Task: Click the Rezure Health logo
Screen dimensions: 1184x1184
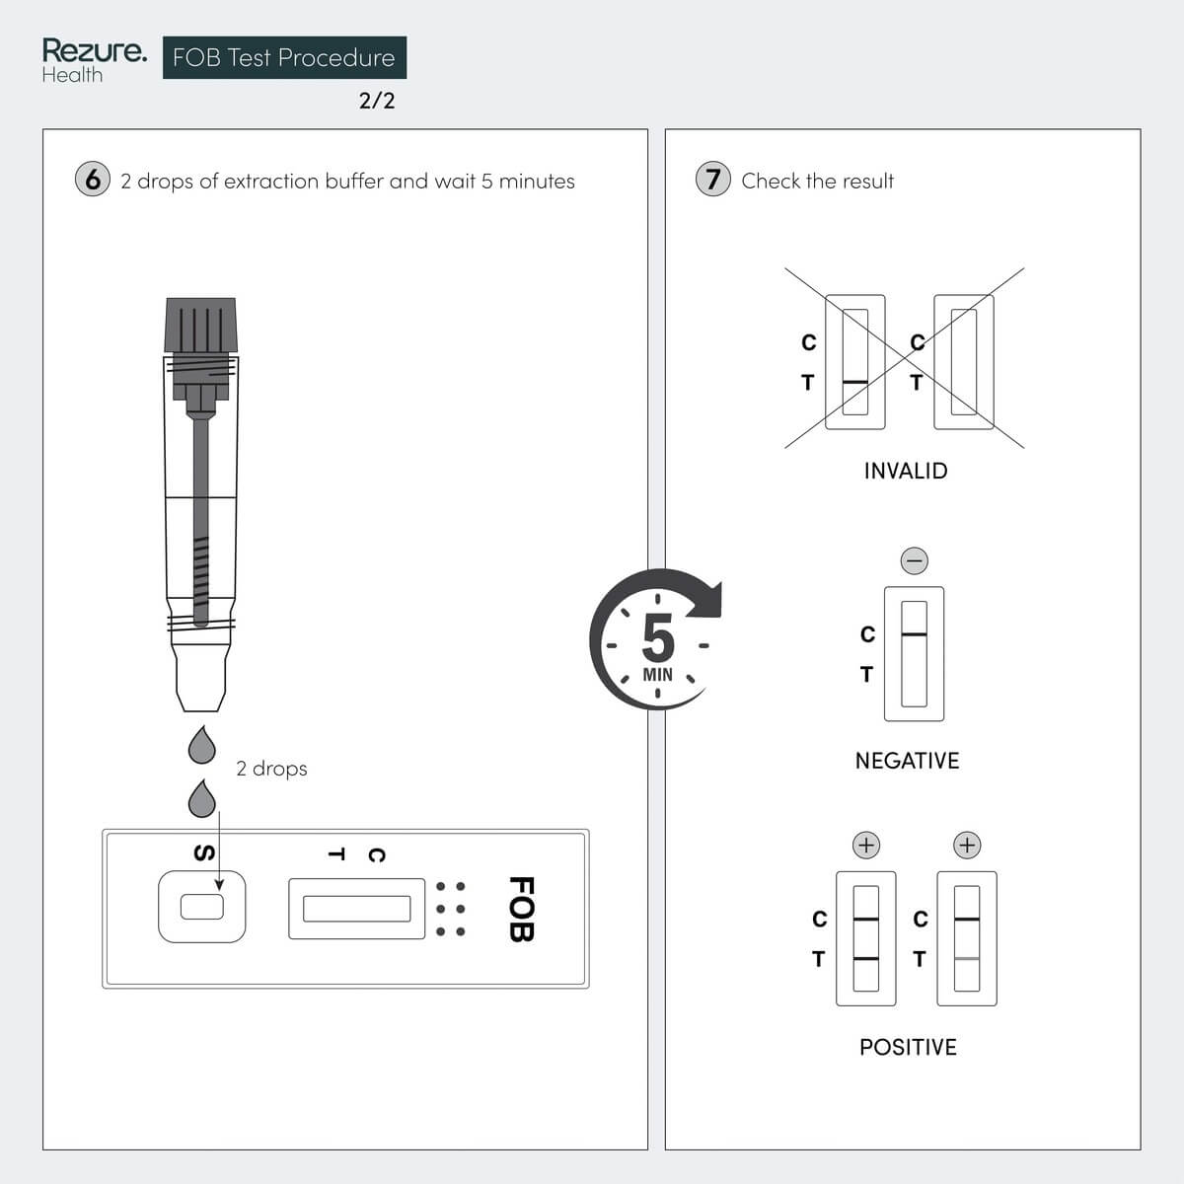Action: click(x=94, y=60)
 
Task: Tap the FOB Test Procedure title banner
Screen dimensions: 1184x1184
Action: click(x=284, y=58)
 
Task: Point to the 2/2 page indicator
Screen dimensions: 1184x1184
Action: click(x=377, y=101)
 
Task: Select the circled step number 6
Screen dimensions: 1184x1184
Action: click(x=93, y=180)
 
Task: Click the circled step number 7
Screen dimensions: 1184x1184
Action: click(x=713, y=180)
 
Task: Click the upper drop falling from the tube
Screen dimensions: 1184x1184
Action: click(x=201, y=746)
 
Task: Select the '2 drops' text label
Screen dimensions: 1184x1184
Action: click(x=271, y=769)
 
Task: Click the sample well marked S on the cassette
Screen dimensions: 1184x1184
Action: click(x=202, y=906)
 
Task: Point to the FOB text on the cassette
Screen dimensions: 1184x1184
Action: click(x=520, y=909)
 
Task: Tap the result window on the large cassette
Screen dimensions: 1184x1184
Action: click(x=356, y=909)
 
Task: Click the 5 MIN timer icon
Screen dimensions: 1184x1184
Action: click(x=657, y=640)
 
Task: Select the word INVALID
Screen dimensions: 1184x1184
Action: click(x=905, y=472)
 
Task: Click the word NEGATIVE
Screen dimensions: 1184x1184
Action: click(x=907, y=761)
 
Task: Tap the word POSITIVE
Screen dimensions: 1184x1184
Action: click(x=908, y=1047)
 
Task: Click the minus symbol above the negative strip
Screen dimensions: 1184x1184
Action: click(x=915, y=560)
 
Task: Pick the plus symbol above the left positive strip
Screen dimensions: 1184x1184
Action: click(x=865, y=846)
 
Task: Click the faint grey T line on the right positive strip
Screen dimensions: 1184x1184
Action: click(x=967, y=958)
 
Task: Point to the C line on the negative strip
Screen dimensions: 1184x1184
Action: click(x=915, y=634)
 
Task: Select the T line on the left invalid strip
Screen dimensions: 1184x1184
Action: click(x=855, y=382)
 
